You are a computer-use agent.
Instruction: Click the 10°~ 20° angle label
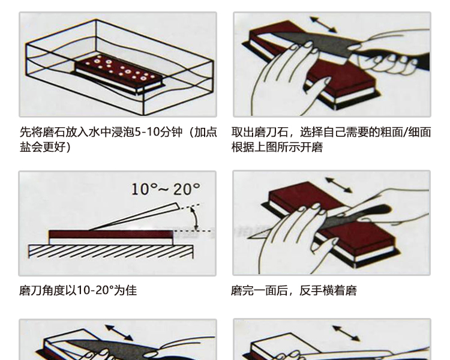[x=165, y=190]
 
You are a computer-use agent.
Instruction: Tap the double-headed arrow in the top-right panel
[x=323, y=25]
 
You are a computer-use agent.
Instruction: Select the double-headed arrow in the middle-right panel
[x=338, y=184]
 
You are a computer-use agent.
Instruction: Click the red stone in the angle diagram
[x=84, y=234]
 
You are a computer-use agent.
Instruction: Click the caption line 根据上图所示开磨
[x=277, y=147]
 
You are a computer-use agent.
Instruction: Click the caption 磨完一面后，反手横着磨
[x=294, y=290]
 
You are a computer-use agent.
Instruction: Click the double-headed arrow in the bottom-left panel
[x=119, y=332]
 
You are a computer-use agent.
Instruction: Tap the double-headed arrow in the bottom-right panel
[x=346, y=333]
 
